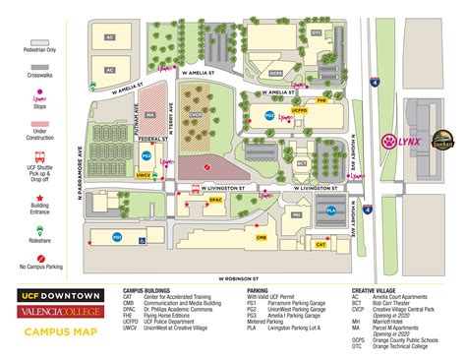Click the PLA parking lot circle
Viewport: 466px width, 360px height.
330,209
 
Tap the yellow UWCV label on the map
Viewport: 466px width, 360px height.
144,175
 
